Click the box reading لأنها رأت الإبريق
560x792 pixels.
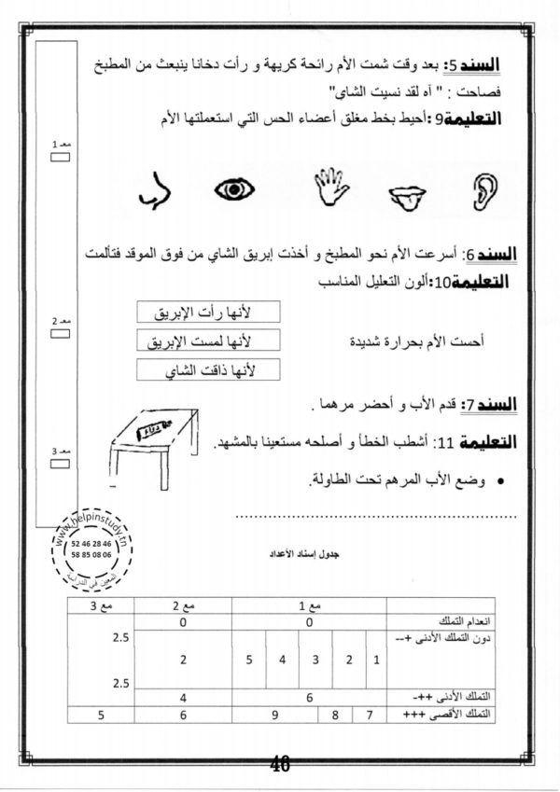click(208, 311)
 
